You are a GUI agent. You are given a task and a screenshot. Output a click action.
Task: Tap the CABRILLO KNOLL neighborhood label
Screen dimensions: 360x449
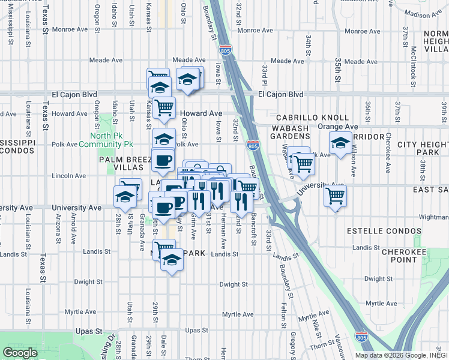312,118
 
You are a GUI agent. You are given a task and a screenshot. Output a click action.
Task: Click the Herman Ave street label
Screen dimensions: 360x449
223,235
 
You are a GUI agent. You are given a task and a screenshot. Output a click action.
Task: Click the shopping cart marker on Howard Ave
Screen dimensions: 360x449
164,108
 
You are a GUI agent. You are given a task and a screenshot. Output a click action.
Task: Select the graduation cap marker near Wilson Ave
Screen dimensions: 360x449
340,144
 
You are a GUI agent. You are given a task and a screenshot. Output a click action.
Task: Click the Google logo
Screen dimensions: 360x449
20,353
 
